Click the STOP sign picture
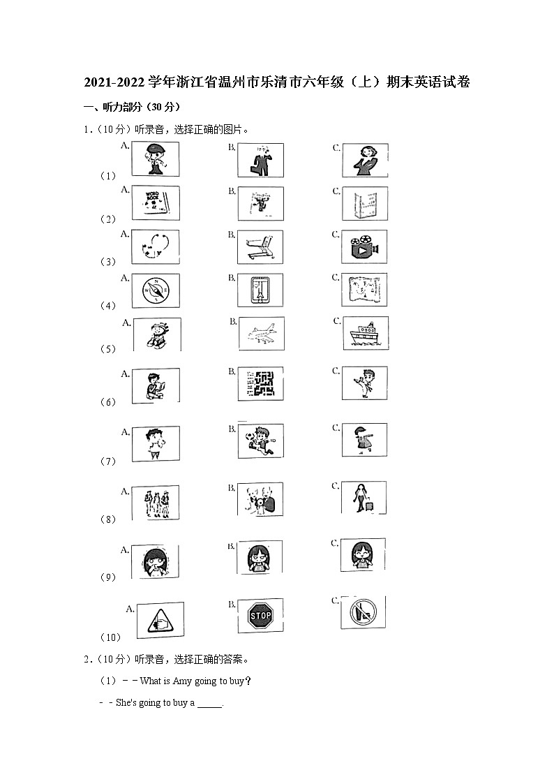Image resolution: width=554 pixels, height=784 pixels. pyautogui.click(x=260, y=615)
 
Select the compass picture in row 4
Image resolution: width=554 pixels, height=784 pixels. pyautogui.click(x=156, y=290)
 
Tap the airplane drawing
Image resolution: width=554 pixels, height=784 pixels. pyautogui.click(x=262, y=333)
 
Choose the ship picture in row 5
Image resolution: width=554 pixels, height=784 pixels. pyautogui.click(x=366, y=333)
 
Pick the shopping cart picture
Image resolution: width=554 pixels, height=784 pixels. pyautogui.click(x=260, y=247)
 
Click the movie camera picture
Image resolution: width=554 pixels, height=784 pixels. pyautogui.click(x=364, y=246)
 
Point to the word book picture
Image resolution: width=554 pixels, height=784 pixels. pyautogui.click(x=156, y=203)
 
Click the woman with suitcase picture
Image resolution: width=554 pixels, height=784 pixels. pyautogui.click(x=364, y=498)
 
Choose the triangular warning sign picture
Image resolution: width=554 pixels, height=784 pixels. pyautogui.click(x=160, y=621)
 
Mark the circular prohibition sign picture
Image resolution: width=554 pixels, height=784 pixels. pyautogui.click(x=364, y=612)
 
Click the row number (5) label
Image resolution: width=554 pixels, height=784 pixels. pyautogui.click(x=108, y=349)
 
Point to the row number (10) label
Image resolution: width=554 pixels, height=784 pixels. pyautogui.click(x=111, y=637)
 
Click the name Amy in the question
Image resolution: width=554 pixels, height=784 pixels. pyautogui.click(x=182, y=681)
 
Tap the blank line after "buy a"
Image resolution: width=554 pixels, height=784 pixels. pyautogui.click(x=210, y=707)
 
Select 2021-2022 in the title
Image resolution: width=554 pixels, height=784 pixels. pyautogui.click(x=114, y=82)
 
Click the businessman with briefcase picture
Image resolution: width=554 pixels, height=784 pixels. pyautogui.click(x=261, y=161)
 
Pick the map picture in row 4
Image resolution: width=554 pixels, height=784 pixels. pyautogui.click(x=364, y=290)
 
